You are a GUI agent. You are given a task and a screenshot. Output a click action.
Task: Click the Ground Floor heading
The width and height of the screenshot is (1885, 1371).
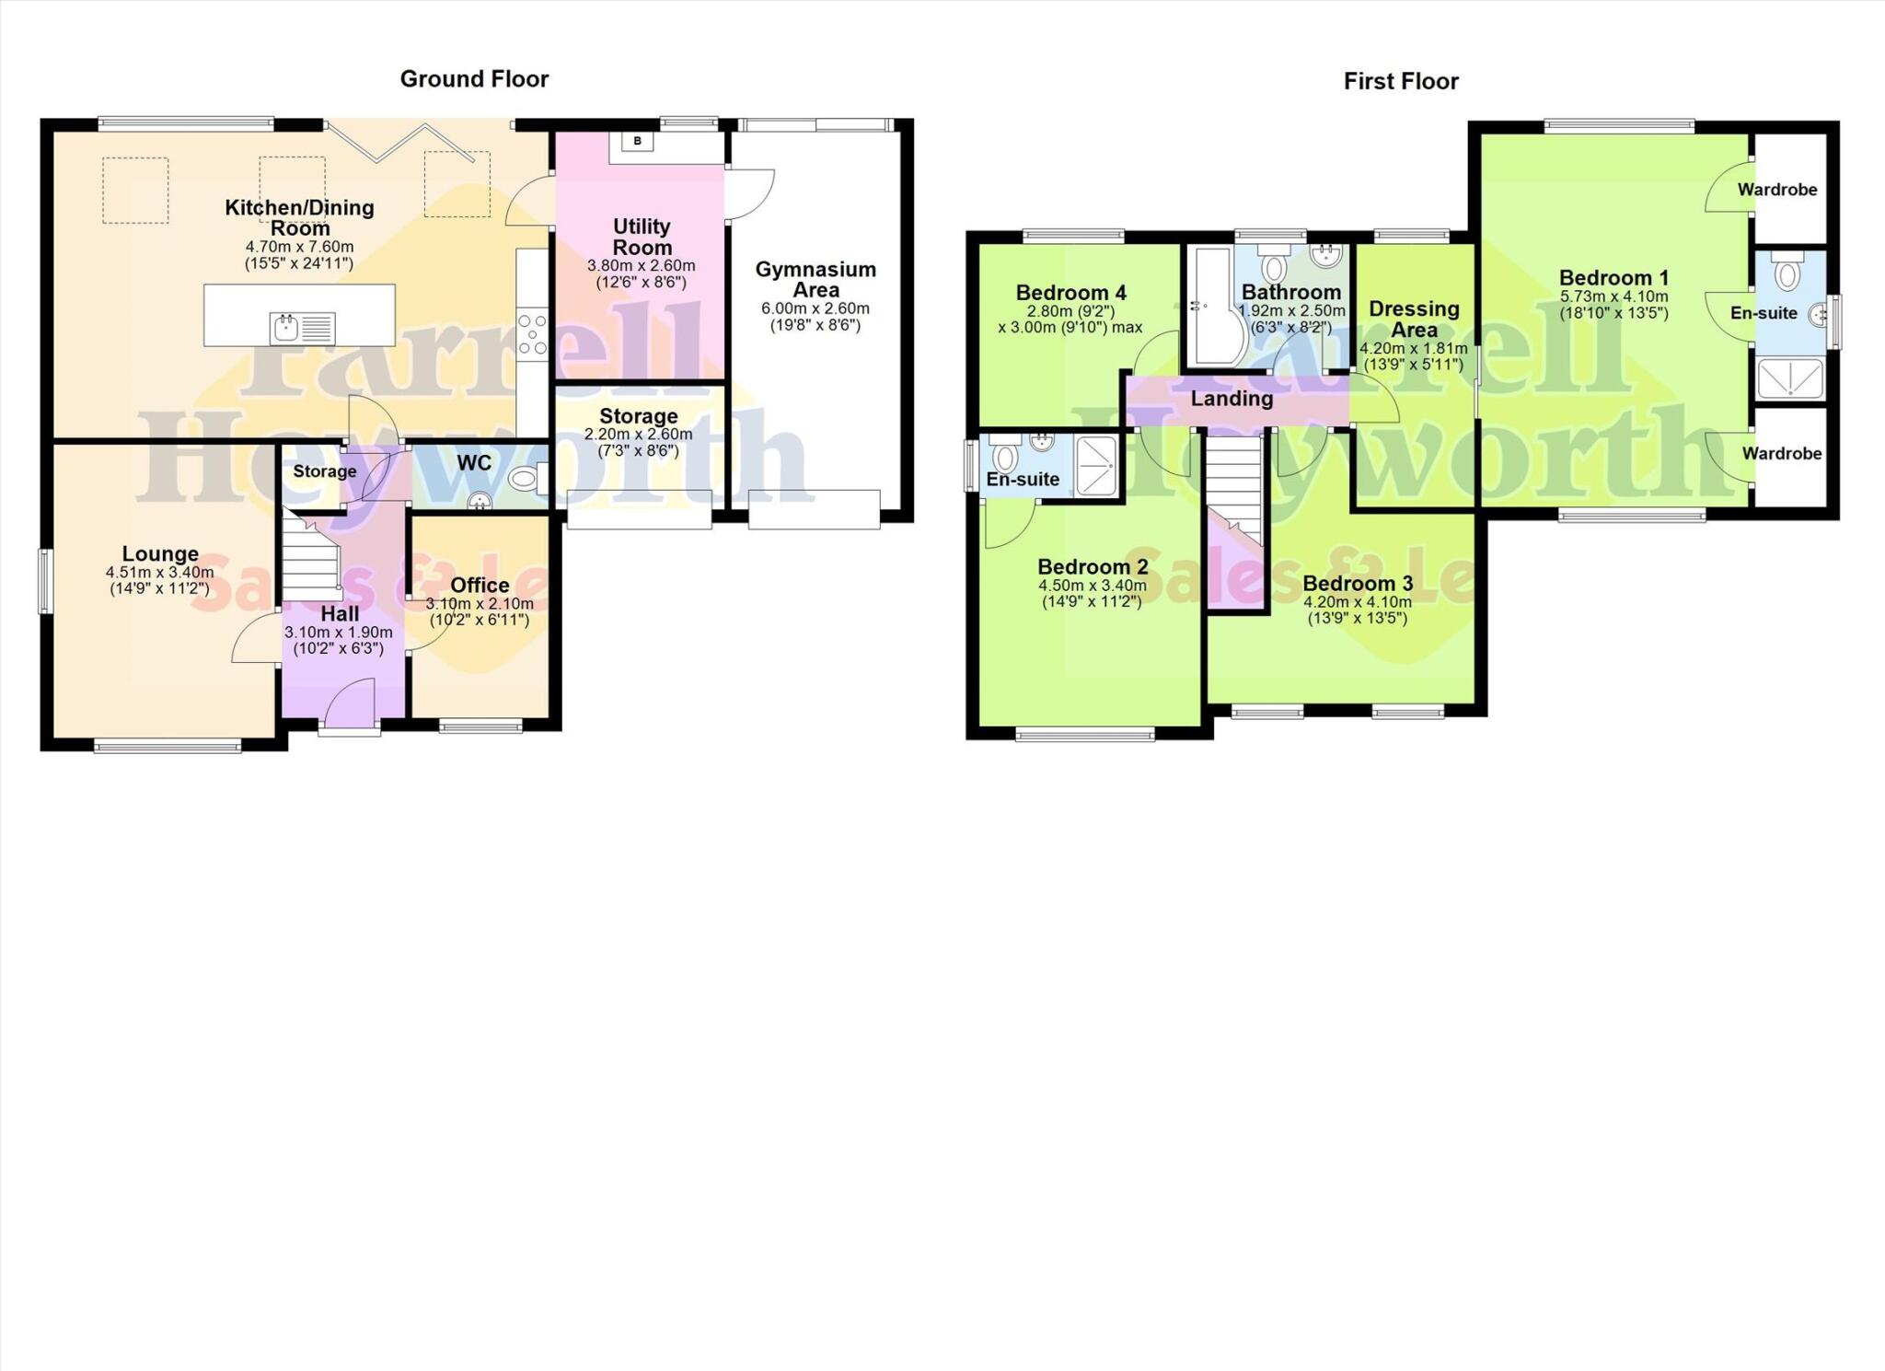(x=474, y=79)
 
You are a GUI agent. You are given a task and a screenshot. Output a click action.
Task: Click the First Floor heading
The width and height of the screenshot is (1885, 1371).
(x=1400, y=82)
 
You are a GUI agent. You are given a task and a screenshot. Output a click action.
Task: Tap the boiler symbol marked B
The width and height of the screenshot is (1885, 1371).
(x=637, y=141)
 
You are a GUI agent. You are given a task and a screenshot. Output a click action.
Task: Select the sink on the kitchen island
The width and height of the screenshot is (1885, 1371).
(x=285, y=327)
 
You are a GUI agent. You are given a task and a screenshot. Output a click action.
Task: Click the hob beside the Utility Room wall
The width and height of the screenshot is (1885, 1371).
(x=532, y=334)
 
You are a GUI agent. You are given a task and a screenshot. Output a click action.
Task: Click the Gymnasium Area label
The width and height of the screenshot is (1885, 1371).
(x=815, y=279)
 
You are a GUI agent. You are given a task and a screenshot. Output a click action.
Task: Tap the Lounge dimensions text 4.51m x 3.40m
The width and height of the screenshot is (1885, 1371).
(x=159, y=572)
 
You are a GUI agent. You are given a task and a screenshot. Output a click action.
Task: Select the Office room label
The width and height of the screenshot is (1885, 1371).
(x=480, y=586)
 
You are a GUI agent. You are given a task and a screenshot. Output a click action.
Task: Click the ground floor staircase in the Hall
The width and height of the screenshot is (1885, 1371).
(x=310, y=558)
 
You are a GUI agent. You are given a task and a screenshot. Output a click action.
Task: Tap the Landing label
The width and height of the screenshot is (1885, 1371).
(x=1232, y=399)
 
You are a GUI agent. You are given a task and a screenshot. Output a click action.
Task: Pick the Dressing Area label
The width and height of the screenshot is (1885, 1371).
(x=1414, y=319)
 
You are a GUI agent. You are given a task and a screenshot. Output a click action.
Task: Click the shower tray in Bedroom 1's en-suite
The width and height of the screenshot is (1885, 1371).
(x=1789, y=378)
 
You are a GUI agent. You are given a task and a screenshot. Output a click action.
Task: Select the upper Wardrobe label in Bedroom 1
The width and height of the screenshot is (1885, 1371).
(x=1776, y=190)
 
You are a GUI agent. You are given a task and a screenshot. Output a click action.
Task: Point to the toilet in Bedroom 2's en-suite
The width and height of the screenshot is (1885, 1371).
(x=1005, y=457)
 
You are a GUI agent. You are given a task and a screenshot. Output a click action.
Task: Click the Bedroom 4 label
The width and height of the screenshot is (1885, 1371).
(x=1070, y=293)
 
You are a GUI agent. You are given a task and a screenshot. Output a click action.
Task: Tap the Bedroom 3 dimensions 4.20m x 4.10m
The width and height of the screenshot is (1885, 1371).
(x=1357, y=602)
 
